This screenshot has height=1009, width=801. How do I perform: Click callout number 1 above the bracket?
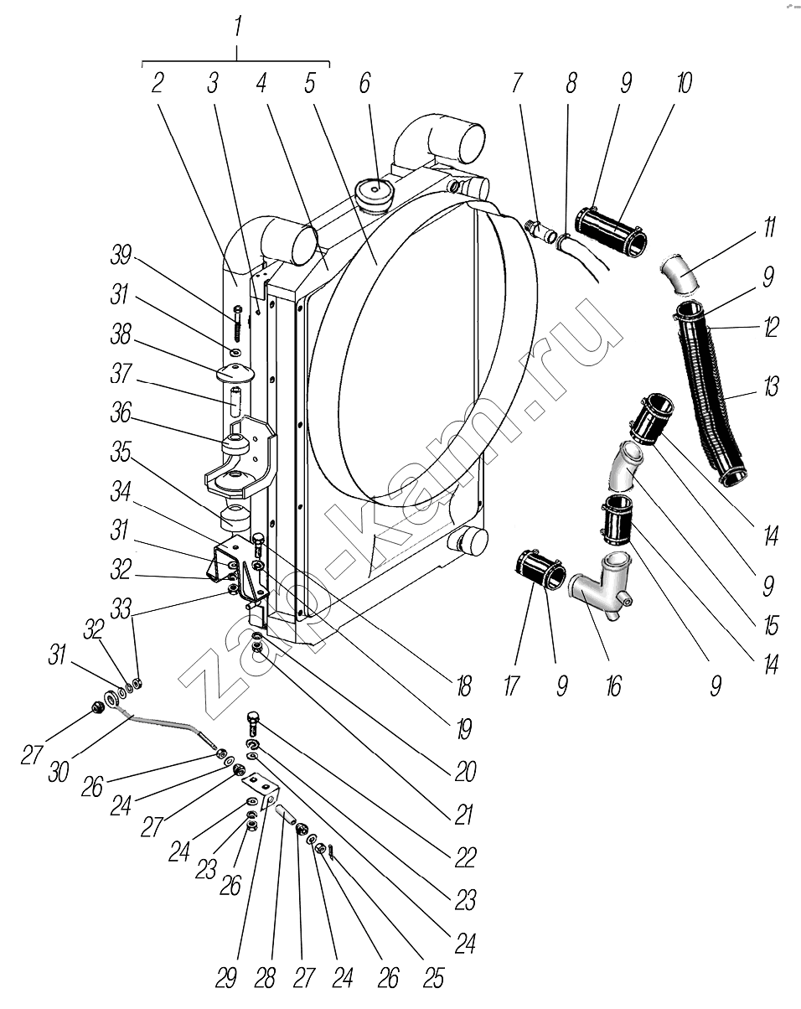[x=238, y=27]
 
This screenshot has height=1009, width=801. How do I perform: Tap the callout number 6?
[x=364, y=83]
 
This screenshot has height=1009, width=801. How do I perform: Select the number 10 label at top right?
[x=684, y=83]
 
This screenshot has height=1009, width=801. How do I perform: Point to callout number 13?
[x=769, y=387]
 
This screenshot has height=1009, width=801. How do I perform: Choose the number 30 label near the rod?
[x=59, y=771]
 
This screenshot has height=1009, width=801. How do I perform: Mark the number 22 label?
[x=466, y=856]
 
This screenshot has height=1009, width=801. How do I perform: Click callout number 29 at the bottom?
[x=226, y=978]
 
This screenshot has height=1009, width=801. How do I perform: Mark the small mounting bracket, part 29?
[x=260, y=789]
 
